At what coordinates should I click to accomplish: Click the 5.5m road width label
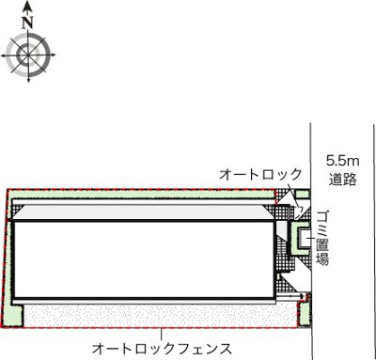(x=340, y=160)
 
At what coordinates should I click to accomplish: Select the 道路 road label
(x=340, y=179)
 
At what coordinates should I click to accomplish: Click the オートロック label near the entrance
(x=260, y=175)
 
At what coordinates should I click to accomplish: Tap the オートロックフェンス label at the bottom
(x=164, y=344)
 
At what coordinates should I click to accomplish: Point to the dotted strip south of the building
(x=150, y=313)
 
